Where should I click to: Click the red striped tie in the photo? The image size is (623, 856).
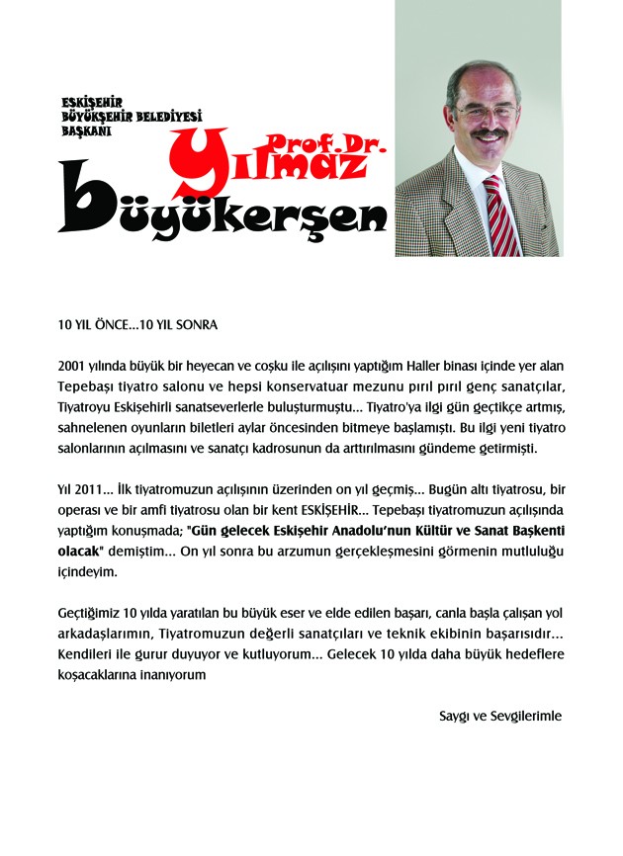pos(500,215)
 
